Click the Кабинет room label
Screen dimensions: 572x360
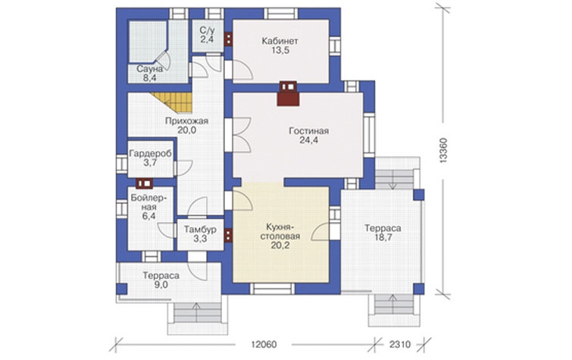(x=280, y=41)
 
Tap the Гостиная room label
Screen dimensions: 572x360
(x=308, y=130)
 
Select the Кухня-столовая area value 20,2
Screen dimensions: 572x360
(x=280, y=246)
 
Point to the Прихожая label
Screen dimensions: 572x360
(x=186, y=121)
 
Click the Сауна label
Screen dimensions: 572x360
(x=149, y=69)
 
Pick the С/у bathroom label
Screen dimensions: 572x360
(x=207, y=30)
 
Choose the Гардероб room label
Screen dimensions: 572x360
(x=150, y=154)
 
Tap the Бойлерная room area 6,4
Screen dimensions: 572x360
(x=148, y=216)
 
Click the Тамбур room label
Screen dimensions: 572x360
(x=200, y=230)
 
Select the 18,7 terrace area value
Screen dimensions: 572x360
(x=383, y=237)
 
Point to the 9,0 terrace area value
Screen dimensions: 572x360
(x=161, y=285)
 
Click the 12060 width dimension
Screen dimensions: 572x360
(x=264, y=344)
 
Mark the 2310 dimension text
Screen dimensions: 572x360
(x=400, y=344)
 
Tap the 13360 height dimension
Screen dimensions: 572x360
(x=443, y=150)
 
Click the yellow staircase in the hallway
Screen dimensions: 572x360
(x=173, y=102)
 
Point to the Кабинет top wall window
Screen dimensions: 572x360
(x=281, y=14)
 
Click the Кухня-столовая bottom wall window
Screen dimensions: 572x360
(x=273, y=289)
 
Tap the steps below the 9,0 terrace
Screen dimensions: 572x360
(x=197, y=313)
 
